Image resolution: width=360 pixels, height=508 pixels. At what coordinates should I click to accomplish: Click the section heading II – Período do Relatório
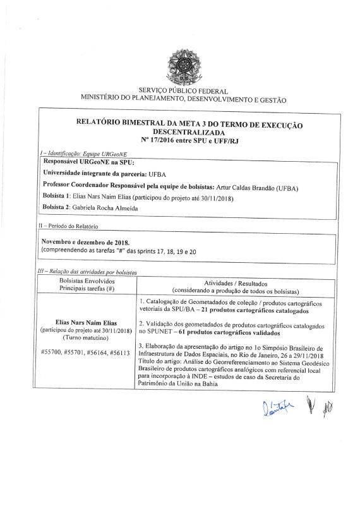(x=69, y=226)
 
